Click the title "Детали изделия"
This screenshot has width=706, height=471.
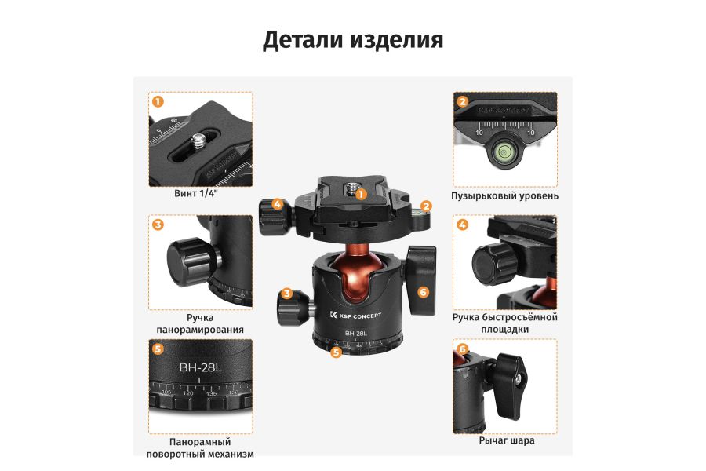coord(353,40)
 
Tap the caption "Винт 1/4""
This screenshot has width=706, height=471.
coord(195,194)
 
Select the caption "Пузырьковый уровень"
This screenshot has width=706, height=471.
coord(504,195)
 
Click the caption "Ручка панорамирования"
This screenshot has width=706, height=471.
coord(200,323)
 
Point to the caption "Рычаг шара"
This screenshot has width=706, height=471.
coord(506,440)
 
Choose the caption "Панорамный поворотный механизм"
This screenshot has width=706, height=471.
coord(200,447)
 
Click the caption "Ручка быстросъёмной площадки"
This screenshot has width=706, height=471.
coord(504,323)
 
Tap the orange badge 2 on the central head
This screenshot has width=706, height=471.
coord(426,206)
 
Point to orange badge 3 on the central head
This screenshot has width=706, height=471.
coord(288,294)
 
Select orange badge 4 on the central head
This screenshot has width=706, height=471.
coord(277,204)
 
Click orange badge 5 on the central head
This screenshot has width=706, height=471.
coord(336,352)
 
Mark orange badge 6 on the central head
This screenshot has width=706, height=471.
coord(424,292)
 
